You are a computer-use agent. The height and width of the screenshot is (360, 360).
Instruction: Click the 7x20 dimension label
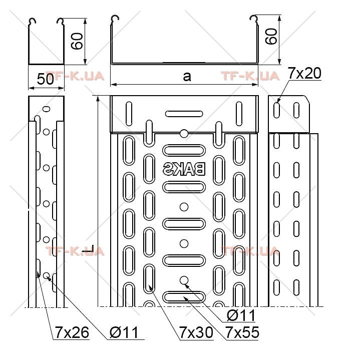(304, 74)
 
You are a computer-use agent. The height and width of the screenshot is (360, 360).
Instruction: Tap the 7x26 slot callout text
(72, 332)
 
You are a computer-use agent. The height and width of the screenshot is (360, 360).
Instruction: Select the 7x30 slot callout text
(196, 332)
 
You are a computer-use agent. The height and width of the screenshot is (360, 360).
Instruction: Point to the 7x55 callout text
(242, 332)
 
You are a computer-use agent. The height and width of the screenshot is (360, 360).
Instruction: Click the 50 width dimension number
(46, 79)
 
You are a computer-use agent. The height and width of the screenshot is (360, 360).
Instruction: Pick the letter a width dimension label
(187, 76)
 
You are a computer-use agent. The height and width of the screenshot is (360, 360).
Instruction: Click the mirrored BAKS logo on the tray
(184, 169)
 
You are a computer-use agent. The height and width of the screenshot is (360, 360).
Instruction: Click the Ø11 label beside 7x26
(124, 332)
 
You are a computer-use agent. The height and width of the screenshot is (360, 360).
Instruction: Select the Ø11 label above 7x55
(241, 315)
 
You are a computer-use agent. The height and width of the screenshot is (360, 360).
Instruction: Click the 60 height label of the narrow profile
(77, 41)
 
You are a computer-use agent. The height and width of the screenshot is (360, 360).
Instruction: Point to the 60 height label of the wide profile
(271, 36)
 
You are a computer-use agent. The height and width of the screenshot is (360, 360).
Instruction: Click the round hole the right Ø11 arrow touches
(184, 280)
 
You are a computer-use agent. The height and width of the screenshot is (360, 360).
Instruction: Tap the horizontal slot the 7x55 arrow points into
(184, 297)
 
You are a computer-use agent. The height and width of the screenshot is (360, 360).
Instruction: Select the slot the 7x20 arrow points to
(277, 111)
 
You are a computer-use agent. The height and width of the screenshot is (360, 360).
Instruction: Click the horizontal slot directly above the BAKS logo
(184, 151)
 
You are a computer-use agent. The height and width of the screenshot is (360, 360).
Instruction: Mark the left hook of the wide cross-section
(115, 20)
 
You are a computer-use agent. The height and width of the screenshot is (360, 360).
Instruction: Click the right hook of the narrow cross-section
(61, 21)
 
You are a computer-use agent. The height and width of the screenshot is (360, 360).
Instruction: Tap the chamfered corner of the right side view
(307, 100)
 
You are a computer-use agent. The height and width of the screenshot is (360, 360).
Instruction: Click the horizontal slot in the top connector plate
(184, 114)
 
